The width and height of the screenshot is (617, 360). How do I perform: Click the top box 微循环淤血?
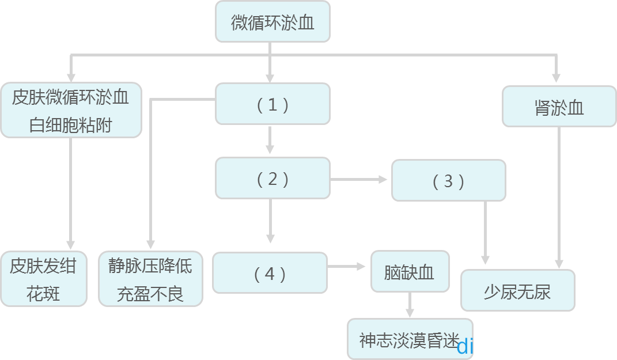point(272,22)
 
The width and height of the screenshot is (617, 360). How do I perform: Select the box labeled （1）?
point(272,104)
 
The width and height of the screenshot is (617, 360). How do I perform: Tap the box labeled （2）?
point(272,179)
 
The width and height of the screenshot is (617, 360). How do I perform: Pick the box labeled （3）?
point(448,181)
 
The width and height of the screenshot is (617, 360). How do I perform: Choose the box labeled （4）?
point(270,273)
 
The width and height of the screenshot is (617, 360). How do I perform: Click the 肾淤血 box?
point(559,107)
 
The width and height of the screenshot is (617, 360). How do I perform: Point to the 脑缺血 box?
point(409,271)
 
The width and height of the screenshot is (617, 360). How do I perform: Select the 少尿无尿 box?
point(517,290)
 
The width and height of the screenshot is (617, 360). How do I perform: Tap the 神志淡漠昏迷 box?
point(410,339)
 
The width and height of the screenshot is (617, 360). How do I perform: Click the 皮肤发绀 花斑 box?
point(43,279)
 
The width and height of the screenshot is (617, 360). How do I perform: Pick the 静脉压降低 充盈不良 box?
point(150,279)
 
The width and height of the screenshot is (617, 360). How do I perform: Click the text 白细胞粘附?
point(70,125)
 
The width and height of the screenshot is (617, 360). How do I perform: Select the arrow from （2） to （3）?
point(359,180)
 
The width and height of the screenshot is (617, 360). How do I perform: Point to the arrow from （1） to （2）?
point(270,139)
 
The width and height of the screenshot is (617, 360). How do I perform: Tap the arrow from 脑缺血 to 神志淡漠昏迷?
point(410,305)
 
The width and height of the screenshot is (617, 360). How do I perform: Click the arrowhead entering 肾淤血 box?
point(556,77)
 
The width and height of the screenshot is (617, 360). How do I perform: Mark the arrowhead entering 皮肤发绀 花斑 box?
point(71,244)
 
